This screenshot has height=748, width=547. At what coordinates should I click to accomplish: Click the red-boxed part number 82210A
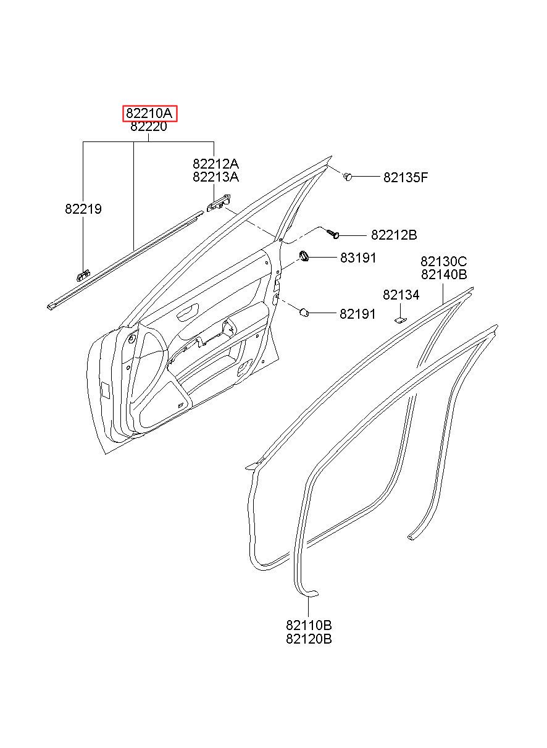point(149,114)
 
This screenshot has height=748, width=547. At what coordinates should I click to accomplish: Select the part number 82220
point(149,127)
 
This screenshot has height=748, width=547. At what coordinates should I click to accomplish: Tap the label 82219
point(83,209)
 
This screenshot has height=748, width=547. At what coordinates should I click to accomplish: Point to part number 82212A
point(215,164)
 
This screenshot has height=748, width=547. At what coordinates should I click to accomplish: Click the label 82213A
point(215,177)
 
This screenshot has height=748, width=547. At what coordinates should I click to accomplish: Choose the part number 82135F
point(406,177)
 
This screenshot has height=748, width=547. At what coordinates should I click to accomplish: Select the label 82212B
point(394,235)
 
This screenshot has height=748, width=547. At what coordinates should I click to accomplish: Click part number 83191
point(358,258)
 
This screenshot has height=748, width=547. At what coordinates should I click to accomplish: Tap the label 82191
point(357,314)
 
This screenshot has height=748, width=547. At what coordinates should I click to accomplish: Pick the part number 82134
point(401,295)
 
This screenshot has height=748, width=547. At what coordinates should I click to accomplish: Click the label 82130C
point(443,261)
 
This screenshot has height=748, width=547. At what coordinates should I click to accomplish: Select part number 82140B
point(444,274)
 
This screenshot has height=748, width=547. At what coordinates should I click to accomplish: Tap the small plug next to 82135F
point(348,175)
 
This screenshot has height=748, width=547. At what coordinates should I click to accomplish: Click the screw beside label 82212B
point(333,234)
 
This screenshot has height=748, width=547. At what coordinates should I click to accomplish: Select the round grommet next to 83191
point(304,256)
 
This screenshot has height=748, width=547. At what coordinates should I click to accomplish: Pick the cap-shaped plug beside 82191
point(304,313)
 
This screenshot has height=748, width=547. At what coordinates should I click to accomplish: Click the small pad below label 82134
point(400,320)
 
